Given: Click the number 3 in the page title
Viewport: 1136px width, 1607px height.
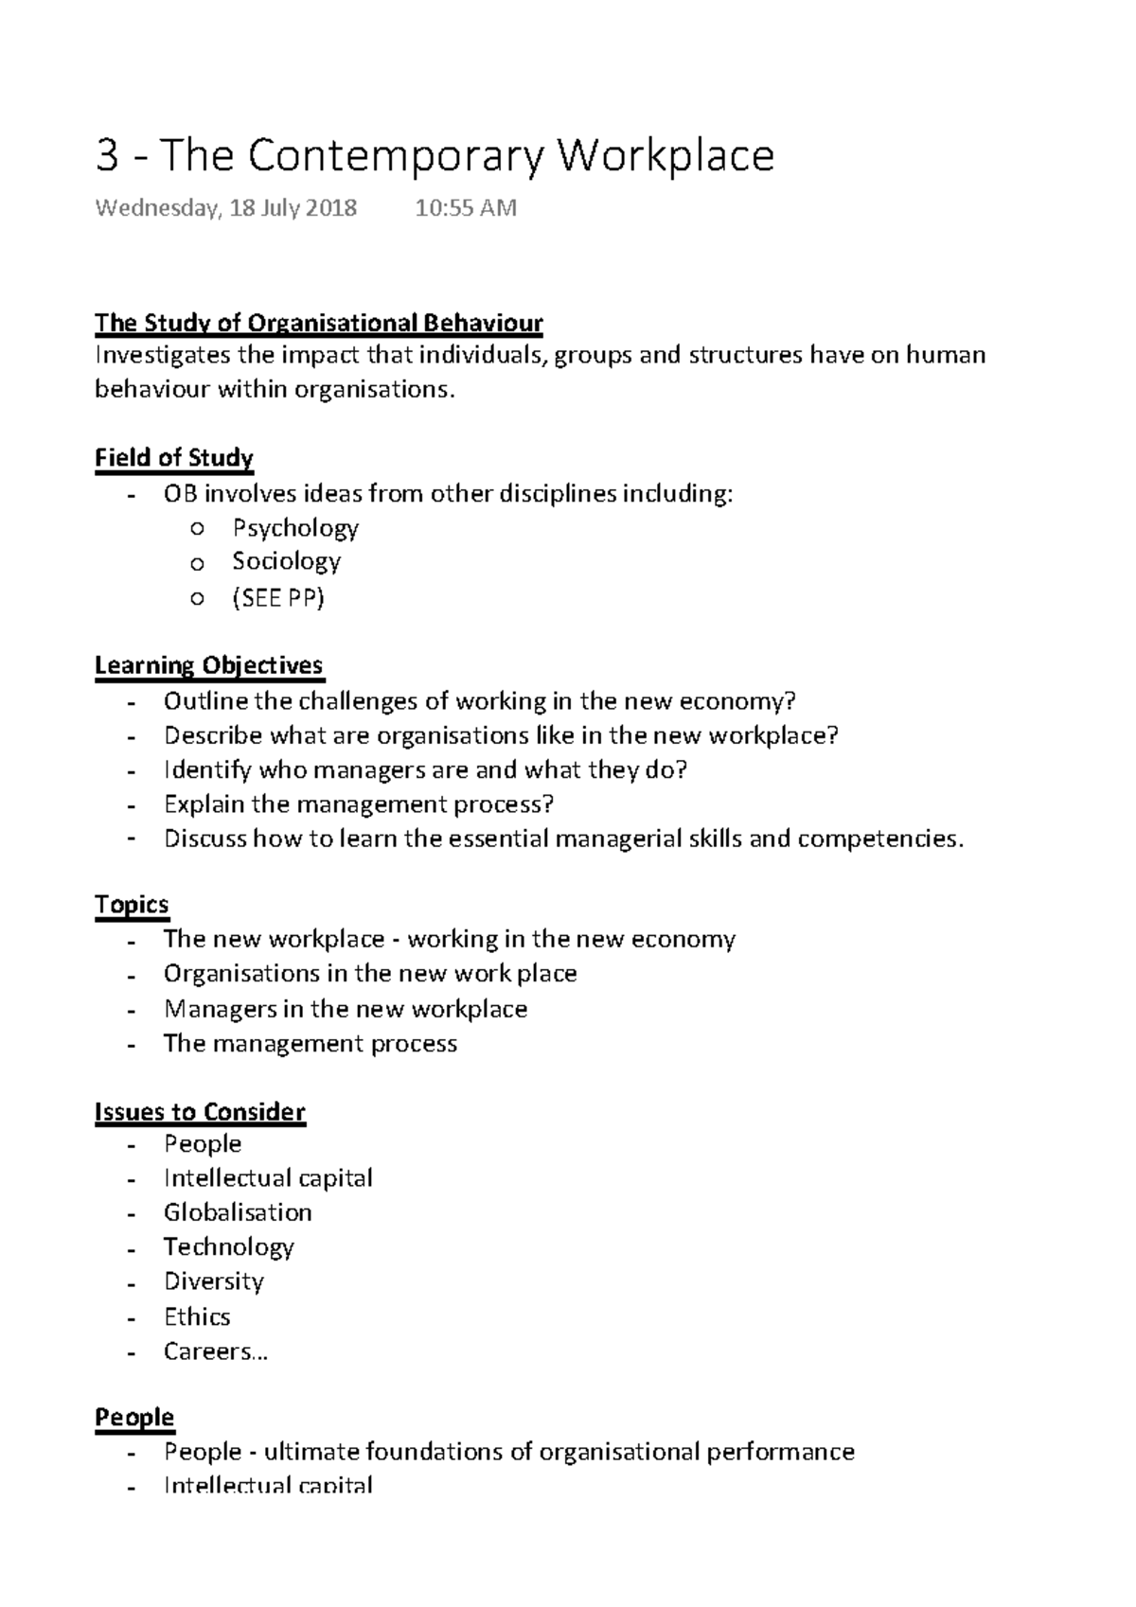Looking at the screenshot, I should [x=107, y=156].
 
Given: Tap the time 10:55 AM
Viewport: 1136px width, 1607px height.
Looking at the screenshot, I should [x=465, y=208].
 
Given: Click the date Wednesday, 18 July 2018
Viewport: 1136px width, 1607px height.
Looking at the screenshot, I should [x=225, y=208].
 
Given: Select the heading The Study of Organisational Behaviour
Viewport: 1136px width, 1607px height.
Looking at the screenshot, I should [x=318, y=323].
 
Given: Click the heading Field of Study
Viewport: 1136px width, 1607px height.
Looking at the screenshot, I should [x=174, y=458].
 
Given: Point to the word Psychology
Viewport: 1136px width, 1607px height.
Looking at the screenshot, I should [x=295, y=527].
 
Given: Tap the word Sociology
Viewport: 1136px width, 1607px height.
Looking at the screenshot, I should [x=286, y=561].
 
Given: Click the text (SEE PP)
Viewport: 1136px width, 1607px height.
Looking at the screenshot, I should [x=278, y=597].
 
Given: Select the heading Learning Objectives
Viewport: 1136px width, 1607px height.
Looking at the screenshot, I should [x=208, y=665].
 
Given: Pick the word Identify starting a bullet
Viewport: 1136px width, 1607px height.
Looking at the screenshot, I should [x=207, y=769].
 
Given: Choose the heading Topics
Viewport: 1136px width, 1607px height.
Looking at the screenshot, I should [x=132, y=905].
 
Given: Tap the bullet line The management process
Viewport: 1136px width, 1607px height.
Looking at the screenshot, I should [x=310, y=1043].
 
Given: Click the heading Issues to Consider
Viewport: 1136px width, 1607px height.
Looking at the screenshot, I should [x=200, y=1111].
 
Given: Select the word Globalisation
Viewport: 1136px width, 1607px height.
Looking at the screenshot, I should [x=238, y=1212].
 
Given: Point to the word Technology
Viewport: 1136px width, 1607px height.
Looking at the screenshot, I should [x=228, y=1246].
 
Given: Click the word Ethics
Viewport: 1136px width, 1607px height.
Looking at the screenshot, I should [x=197, y=1316].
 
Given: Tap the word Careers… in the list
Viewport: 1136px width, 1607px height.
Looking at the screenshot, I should [x=216, y=1351].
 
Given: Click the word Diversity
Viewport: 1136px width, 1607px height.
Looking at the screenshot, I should [x=214, y=1281].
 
